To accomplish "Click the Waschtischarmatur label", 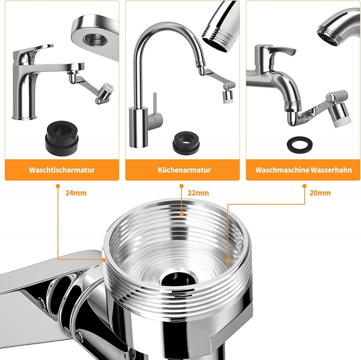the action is pos(62,170).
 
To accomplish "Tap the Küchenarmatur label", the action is pos(184,170).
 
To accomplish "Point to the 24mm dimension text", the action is pos(76,193).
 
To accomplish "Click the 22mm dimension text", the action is pos(198,193).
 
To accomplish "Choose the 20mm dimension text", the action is pos(320,193).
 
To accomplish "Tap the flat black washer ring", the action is pos(300,146).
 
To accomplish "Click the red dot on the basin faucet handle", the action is pos(32,57).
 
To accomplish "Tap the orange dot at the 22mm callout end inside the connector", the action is pos(181,214).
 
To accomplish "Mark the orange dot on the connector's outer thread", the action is pos(104,260).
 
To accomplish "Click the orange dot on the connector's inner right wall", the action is pos(228,261).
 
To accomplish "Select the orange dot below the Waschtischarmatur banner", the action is pos(58,186).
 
